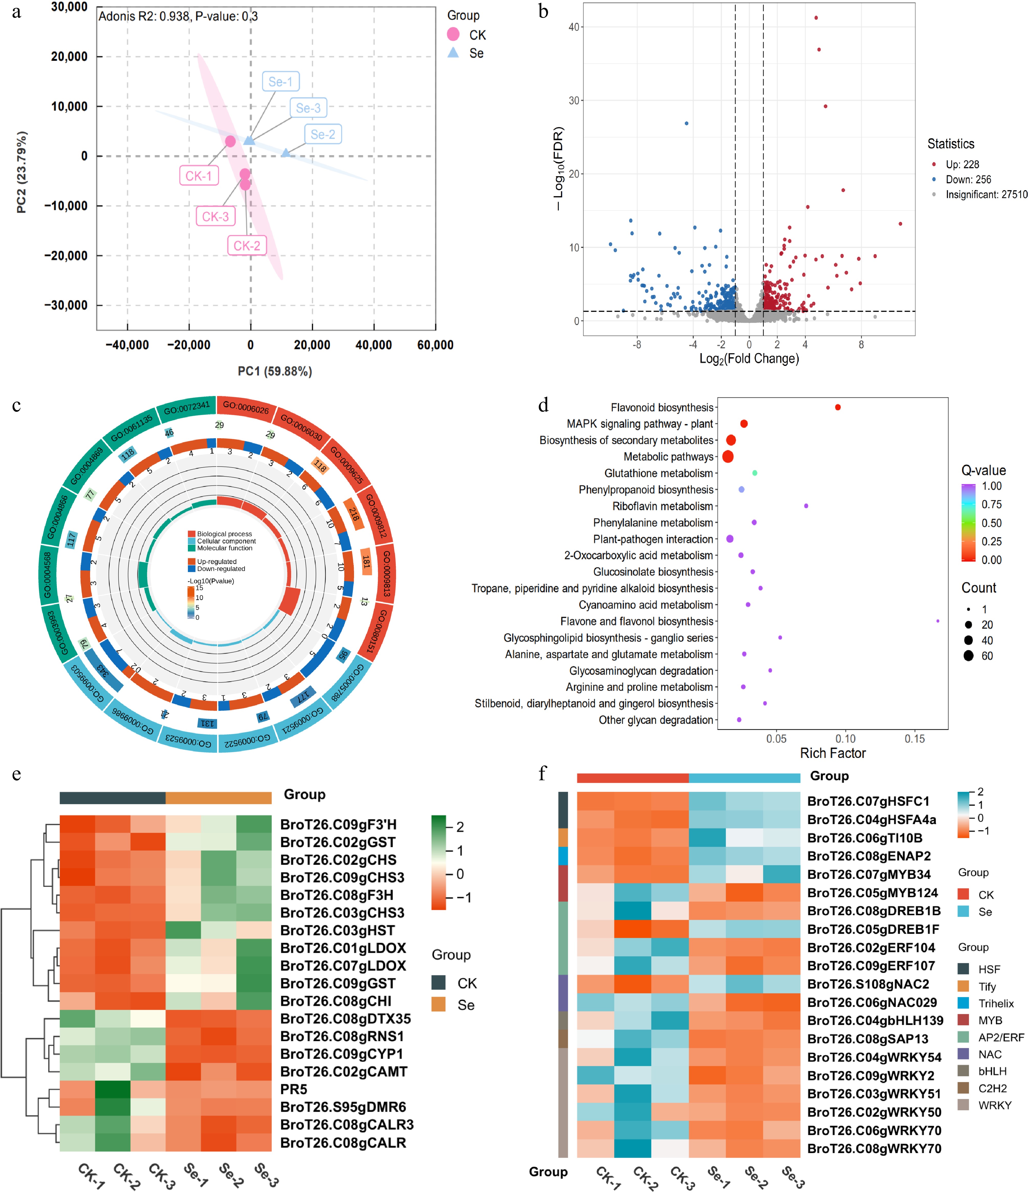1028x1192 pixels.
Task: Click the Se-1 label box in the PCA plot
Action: (x=280, y=82)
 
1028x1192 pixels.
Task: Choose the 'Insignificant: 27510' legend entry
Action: (x=986, y=194)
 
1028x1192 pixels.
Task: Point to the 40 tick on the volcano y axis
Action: (x=574, y=27)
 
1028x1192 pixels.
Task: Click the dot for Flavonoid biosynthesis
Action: (x=838, y=407)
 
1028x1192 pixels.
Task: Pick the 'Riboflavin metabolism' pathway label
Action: (x=662, y=506)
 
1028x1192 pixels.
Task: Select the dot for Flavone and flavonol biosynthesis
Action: (x=938, y=621)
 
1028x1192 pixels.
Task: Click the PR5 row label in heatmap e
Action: (x=294, y=1089)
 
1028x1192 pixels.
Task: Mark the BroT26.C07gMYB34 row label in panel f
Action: (x=869, y=874)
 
